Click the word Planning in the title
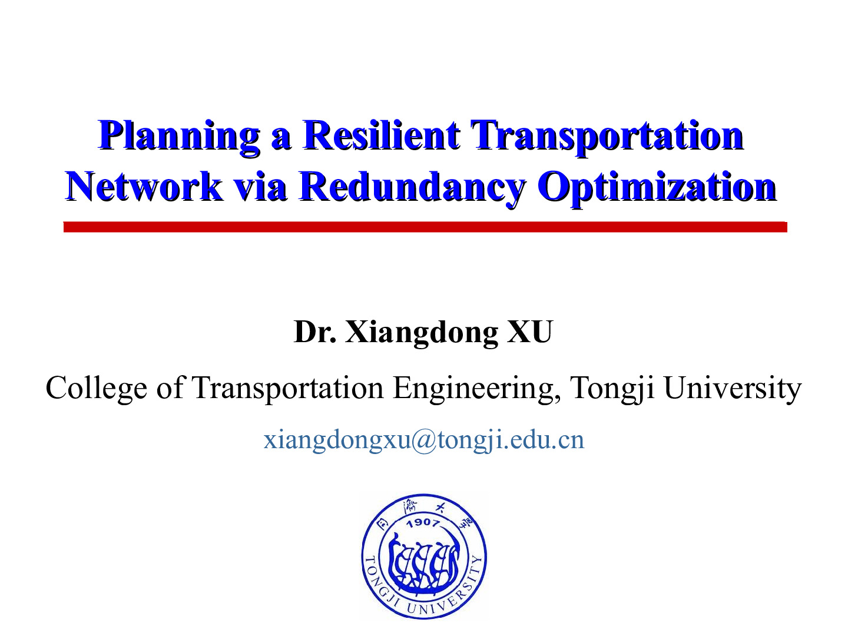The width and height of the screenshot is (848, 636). [178, 138]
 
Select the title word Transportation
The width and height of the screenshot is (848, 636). [607, 137]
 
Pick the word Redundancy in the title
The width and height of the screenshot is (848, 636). [412, 189]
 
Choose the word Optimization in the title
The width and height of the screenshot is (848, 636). [657, 189]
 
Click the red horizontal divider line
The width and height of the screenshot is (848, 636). [425, 227]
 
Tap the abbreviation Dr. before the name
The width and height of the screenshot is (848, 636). [315, 332]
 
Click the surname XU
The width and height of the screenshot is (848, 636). [530, 332]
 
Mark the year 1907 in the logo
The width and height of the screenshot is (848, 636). [423, 523]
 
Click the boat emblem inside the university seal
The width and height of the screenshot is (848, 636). [424, 562]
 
